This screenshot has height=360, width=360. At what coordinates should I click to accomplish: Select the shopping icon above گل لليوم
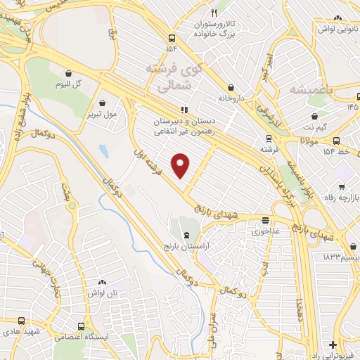point(68,72)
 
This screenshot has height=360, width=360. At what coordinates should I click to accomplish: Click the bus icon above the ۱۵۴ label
point(172,39)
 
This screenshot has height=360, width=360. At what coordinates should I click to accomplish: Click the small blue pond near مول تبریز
point(104,150)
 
